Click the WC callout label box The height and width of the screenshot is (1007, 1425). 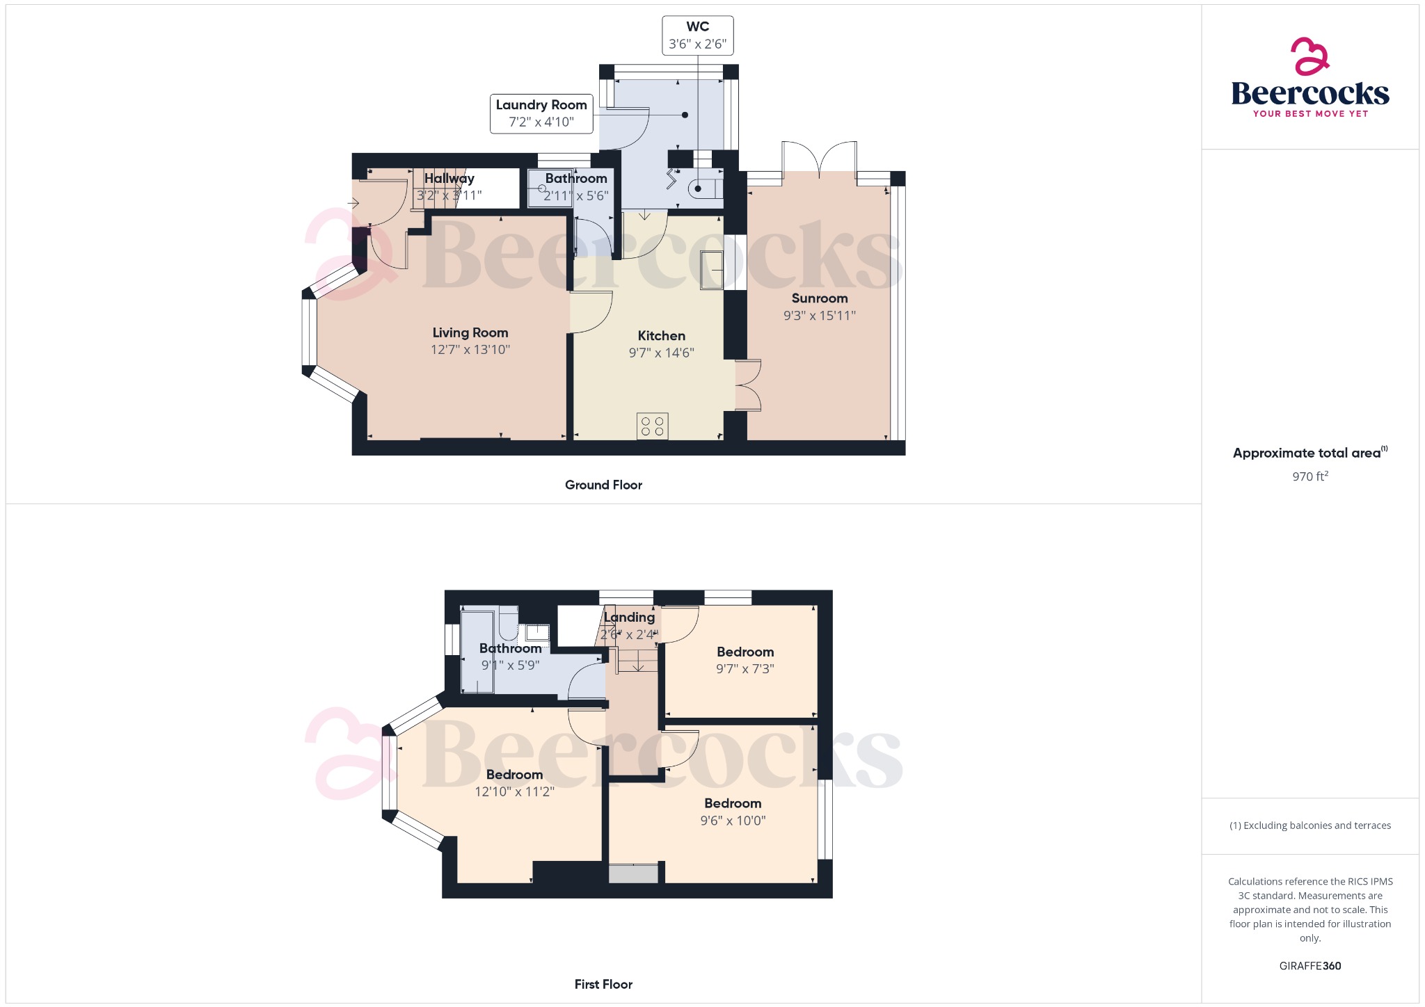(x=697, y=35)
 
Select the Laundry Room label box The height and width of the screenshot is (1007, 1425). (x=541, y=113)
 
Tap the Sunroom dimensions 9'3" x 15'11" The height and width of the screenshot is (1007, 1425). (x=819, y=316)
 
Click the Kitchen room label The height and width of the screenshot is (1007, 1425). (x=661, y=336)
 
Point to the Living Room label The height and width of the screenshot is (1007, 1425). (x=470, y=333)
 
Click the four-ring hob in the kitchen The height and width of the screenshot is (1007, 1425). (x=652, y=426)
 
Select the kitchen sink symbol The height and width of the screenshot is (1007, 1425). (x=711, y=270)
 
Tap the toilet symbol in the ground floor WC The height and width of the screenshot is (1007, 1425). (x=701, y=188)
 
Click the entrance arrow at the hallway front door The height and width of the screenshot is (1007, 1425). (x=353, y=204)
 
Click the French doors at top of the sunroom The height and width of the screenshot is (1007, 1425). (x=819, y=158)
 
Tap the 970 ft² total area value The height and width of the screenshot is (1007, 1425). (x=1309, y=476)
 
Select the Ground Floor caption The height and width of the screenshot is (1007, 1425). (x=603, y=485)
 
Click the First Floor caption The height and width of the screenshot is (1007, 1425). (x=603, y=984)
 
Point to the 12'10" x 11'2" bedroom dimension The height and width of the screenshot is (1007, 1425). (x=514, y=792)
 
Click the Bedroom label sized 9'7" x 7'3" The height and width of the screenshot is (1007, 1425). (x=745, y=652)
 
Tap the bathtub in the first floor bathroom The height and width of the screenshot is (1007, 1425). (x=477, y=652)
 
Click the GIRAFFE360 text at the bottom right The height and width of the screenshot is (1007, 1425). (x=1309, y=966)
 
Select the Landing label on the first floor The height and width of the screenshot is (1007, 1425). (x=630, y=618)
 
